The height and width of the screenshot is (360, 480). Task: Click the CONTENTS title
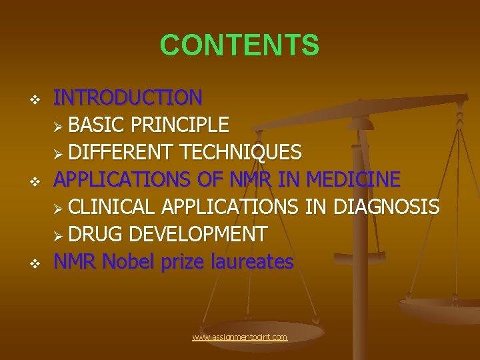[x=239, y=45]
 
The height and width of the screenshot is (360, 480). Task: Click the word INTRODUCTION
[x=127, y=98]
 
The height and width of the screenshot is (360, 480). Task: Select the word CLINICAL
[x=112, y=207]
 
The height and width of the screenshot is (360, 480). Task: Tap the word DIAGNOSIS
[x=386, y=207]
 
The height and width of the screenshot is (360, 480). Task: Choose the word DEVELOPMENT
[x=197, y=235]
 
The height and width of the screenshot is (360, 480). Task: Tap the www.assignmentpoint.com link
[x=239, y=337]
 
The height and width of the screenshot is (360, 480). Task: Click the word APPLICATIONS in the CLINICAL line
[x=229, y=207]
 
